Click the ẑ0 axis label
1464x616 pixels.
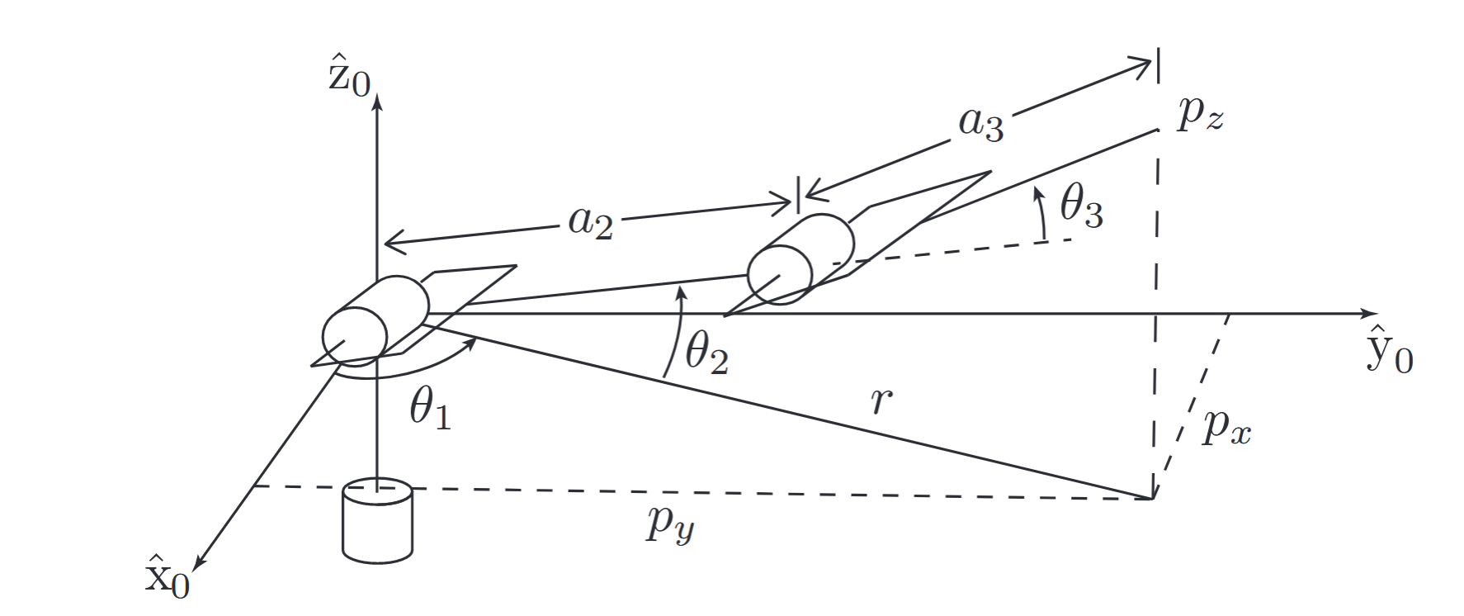[x=349, y=75]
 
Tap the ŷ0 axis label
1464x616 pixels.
[x=1390, y=350]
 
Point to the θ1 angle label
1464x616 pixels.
[x=430, y=408]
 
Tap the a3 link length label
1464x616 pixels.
[x=981, y=123]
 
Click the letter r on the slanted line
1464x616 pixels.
[x=881, y=400]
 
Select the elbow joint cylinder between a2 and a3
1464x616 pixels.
[x=800, y=258]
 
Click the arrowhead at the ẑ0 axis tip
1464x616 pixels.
[x=377, y=102]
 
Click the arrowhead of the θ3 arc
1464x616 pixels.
[x=1038, y=194]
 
